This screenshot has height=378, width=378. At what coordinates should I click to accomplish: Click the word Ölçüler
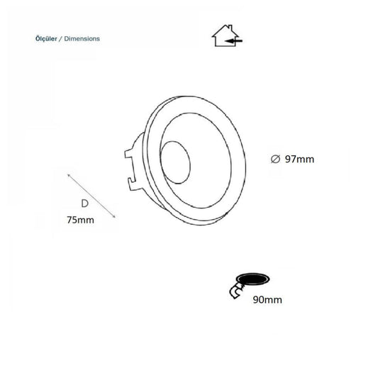pos(46,38)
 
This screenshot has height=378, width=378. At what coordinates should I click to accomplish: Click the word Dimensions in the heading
pos(82,38)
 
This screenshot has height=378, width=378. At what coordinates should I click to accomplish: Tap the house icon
pos(226,35)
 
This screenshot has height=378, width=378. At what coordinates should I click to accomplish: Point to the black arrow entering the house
pos(233,41)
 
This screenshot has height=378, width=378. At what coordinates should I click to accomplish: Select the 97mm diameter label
pos(300,160)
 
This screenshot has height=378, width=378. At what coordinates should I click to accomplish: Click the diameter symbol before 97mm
pos(275,160)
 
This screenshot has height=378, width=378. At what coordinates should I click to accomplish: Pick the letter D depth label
pos(84,204)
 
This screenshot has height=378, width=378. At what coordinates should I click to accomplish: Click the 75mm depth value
pos(81,220)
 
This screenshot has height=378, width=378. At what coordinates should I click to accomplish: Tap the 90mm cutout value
pos(267,300)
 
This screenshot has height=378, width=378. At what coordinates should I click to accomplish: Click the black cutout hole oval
pos(253,279)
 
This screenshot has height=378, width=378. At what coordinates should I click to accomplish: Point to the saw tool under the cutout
pos(237,291)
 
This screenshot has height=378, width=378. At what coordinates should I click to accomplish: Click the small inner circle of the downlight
pos(175,162)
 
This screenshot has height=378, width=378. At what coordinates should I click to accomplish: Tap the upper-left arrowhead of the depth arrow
pos(69,175)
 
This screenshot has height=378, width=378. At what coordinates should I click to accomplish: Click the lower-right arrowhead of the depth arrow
pos(113,216)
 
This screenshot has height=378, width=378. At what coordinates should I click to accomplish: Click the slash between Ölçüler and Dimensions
pos(61,39)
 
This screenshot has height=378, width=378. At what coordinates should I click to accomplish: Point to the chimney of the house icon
pos(230,27)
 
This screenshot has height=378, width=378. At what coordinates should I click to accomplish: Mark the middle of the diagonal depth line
pos(91,196)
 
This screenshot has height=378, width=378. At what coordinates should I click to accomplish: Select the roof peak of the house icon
pos(226,26)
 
